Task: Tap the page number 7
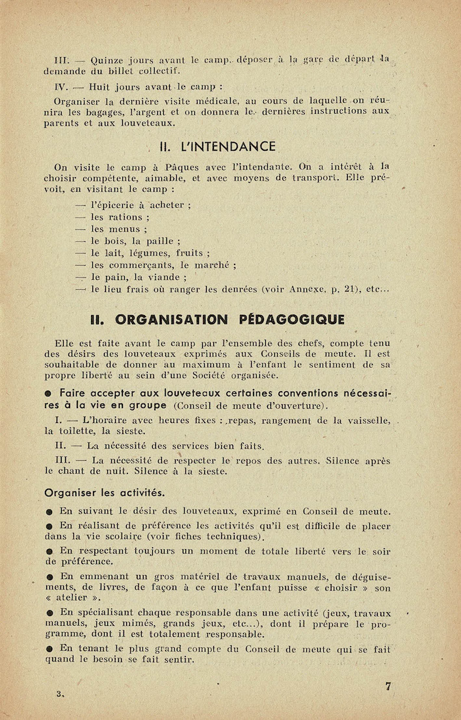[388, 686]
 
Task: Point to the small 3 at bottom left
[59, 693]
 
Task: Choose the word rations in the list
[125, 217]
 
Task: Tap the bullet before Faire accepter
[49, 394]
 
